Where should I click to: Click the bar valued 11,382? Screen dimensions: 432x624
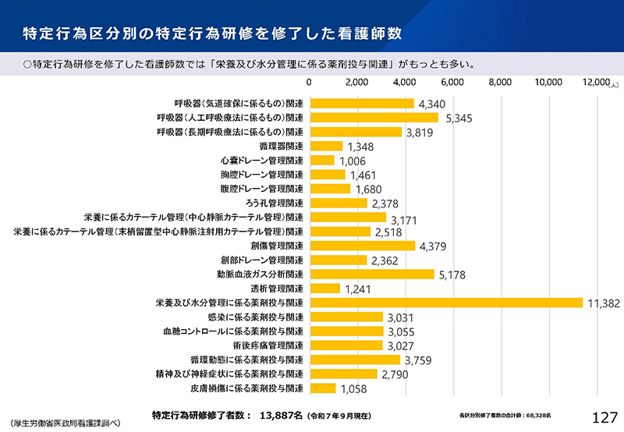coord(446,303)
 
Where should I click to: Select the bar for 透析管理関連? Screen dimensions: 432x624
coord(324,289)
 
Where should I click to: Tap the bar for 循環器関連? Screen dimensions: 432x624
coord(326,146)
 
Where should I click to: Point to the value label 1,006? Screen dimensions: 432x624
coord(352,161)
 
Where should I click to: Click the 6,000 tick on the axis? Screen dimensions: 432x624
coord(452,82)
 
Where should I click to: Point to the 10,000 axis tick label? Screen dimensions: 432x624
coord(548,82)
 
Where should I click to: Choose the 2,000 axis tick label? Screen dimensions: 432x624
coord(356,82)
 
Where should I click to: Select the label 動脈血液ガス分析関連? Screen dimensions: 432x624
coord(260,274)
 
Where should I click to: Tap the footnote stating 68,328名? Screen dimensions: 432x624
coord(505,415)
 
